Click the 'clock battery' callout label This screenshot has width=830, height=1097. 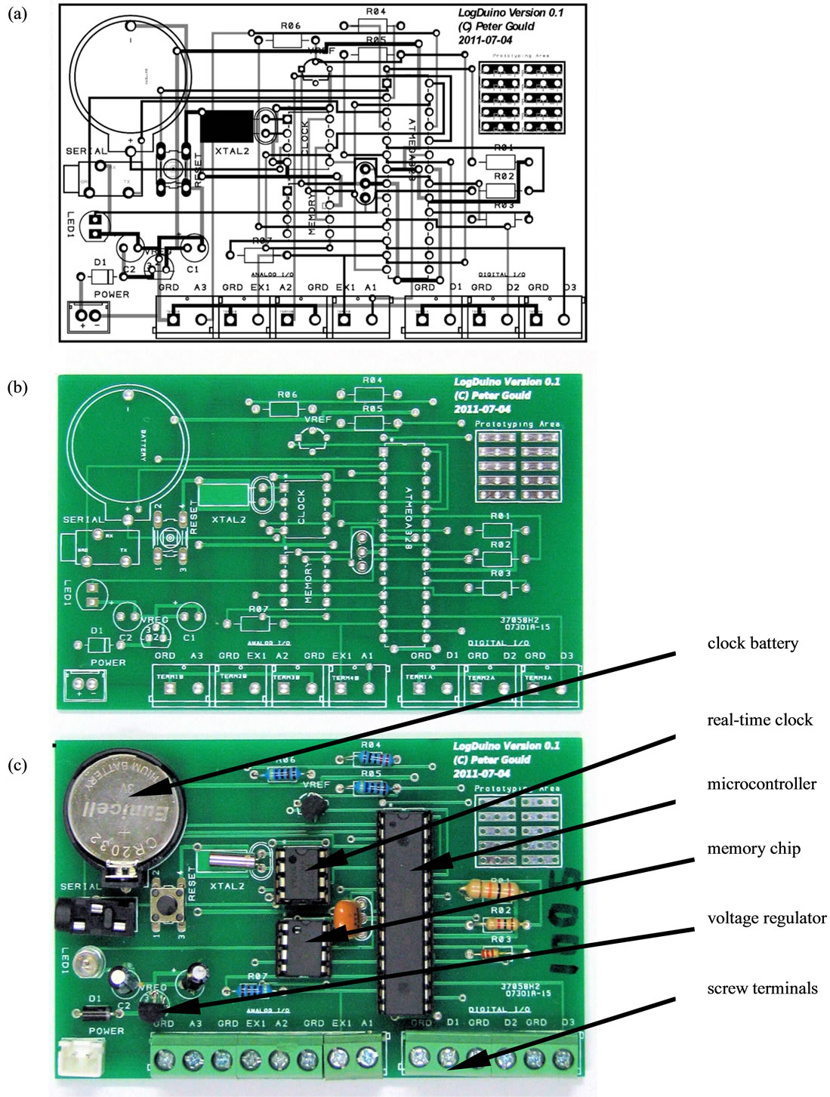click(x=752, y=643)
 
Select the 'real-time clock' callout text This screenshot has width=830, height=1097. click(x=759, y=720)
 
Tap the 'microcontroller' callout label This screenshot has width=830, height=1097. click(x=761, y=784)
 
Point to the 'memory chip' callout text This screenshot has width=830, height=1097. click(x=753, y=849)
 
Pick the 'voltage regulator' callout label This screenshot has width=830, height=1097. click(x=766, y=918)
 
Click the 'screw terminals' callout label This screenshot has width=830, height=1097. click(x=761, y=988)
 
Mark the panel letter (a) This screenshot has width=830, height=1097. click(x=17, y=13)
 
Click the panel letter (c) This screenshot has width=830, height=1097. click(x=17, y=764)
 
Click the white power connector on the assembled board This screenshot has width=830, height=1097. click(x=78, y=1052)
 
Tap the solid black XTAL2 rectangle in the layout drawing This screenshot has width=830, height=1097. click(x=226, y=126)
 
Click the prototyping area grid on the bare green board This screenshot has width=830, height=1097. click(x=518, y=466)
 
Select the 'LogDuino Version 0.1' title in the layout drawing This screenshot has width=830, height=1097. click(x=511, y=13)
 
